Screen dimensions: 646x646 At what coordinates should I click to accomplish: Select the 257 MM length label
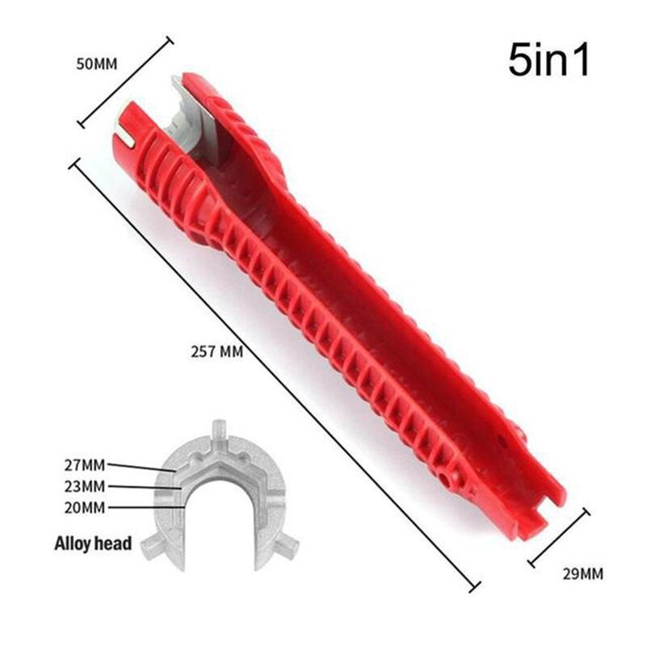coord(217,352)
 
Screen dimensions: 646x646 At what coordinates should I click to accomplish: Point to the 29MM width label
coord(581,574)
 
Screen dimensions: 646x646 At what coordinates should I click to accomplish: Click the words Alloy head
coord(92,543)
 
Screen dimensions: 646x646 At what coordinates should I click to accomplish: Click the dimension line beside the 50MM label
coord(125,82)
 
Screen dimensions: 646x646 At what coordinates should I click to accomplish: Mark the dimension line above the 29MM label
coord(559,536)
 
